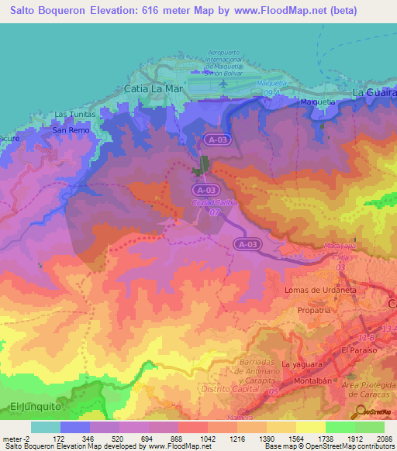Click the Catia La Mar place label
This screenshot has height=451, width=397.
[152, 88]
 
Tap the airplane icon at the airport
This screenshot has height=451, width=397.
[224, 82]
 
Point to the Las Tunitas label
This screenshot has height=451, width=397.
[74, 114]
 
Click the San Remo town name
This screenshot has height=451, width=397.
[71, 130]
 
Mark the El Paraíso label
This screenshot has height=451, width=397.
[359, 350]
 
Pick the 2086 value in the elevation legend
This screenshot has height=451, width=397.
[383, 439]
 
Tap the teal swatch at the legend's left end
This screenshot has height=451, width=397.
[45, 427]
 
